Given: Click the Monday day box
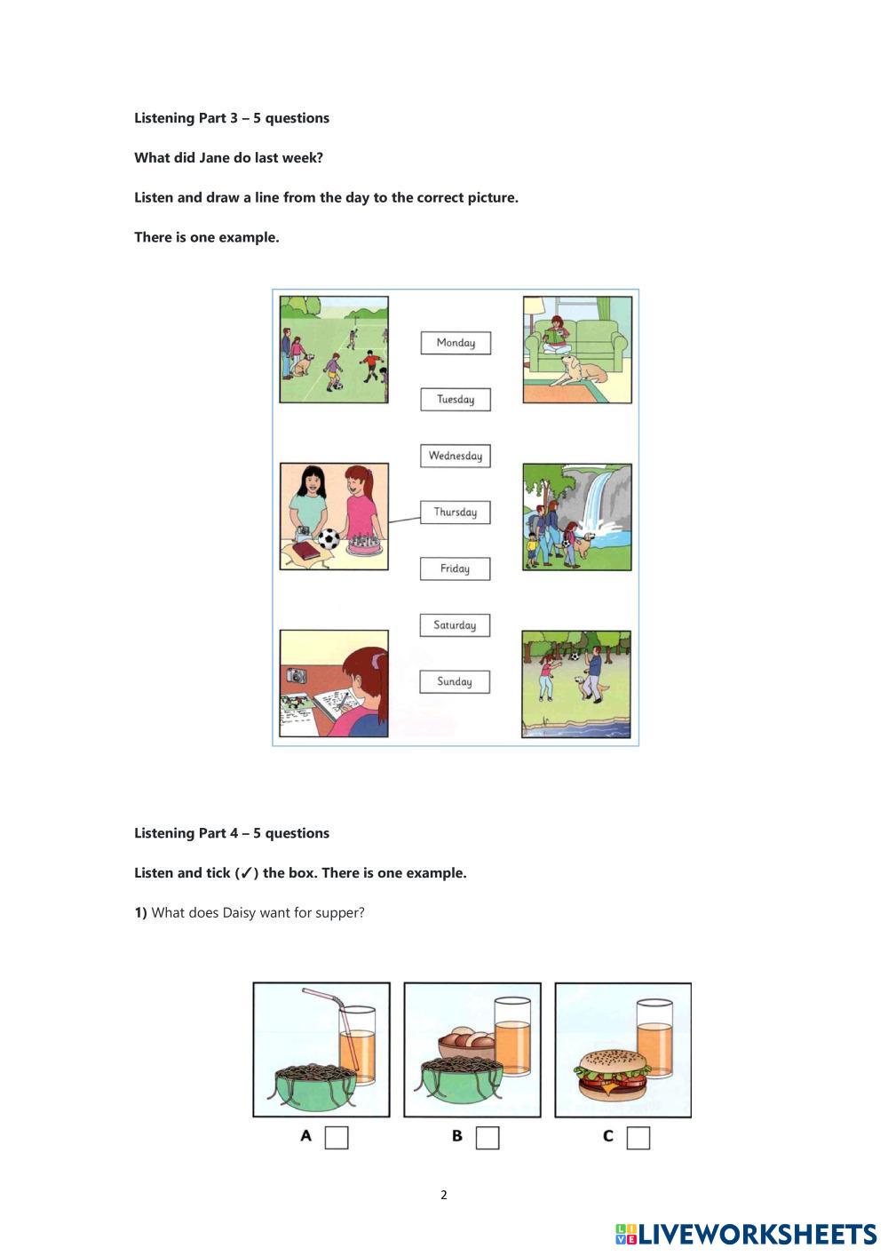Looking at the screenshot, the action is click(x=456, y=343).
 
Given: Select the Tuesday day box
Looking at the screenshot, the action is click(x=456, y=399).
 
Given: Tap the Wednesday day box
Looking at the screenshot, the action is click(x=456, y=456).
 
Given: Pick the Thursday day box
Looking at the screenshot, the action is click(x=456, y=512).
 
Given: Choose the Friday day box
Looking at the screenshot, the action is click(x=455, y=568).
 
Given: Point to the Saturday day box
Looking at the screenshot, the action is click(x=455, y=625).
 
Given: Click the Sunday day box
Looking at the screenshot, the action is click(x=455, y=682).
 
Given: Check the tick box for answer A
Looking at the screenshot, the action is click(x=337, y=1138).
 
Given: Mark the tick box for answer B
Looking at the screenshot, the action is click(x=488, y=1138).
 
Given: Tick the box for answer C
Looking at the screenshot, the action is click(x=638, y=1138).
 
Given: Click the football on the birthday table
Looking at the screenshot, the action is click(x=329, y=539).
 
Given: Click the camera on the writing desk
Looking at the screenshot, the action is click(x=296, y=675).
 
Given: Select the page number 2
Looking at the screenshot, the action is click(x=444, y=1195).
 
